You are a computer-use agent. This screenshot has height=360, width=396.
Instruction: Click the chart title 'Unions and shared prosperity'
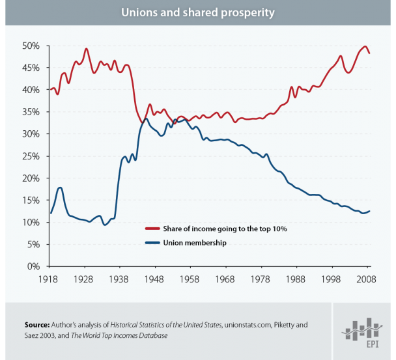pos(198,12)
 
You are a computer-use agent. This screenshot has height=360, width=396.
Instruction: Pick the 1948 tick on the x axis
pos(154,279)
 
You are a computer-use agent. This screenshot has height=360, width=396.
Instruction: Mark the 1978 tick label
pos(261,279)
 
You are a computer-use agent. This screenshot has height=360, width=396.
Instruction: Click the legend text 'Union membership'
pos(197,243)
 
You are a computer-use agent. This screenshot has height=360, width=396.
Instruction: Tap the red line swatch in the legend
pos(153,229)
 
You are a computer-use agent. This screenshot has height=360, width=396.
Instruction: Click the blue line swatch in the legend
pos(153,243)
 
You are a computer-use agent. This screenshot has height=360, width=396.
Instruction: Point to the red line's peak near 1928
pos(86,49)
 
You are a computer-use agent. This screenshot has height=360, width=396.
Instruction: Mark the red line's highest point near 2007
pos(364,47)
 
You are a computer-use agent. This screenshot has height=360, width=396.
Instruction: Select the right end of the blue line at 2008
pos(369,211)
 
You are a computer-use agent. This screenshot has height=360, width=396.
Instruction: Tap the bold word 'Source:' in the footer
pos(37,324)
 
